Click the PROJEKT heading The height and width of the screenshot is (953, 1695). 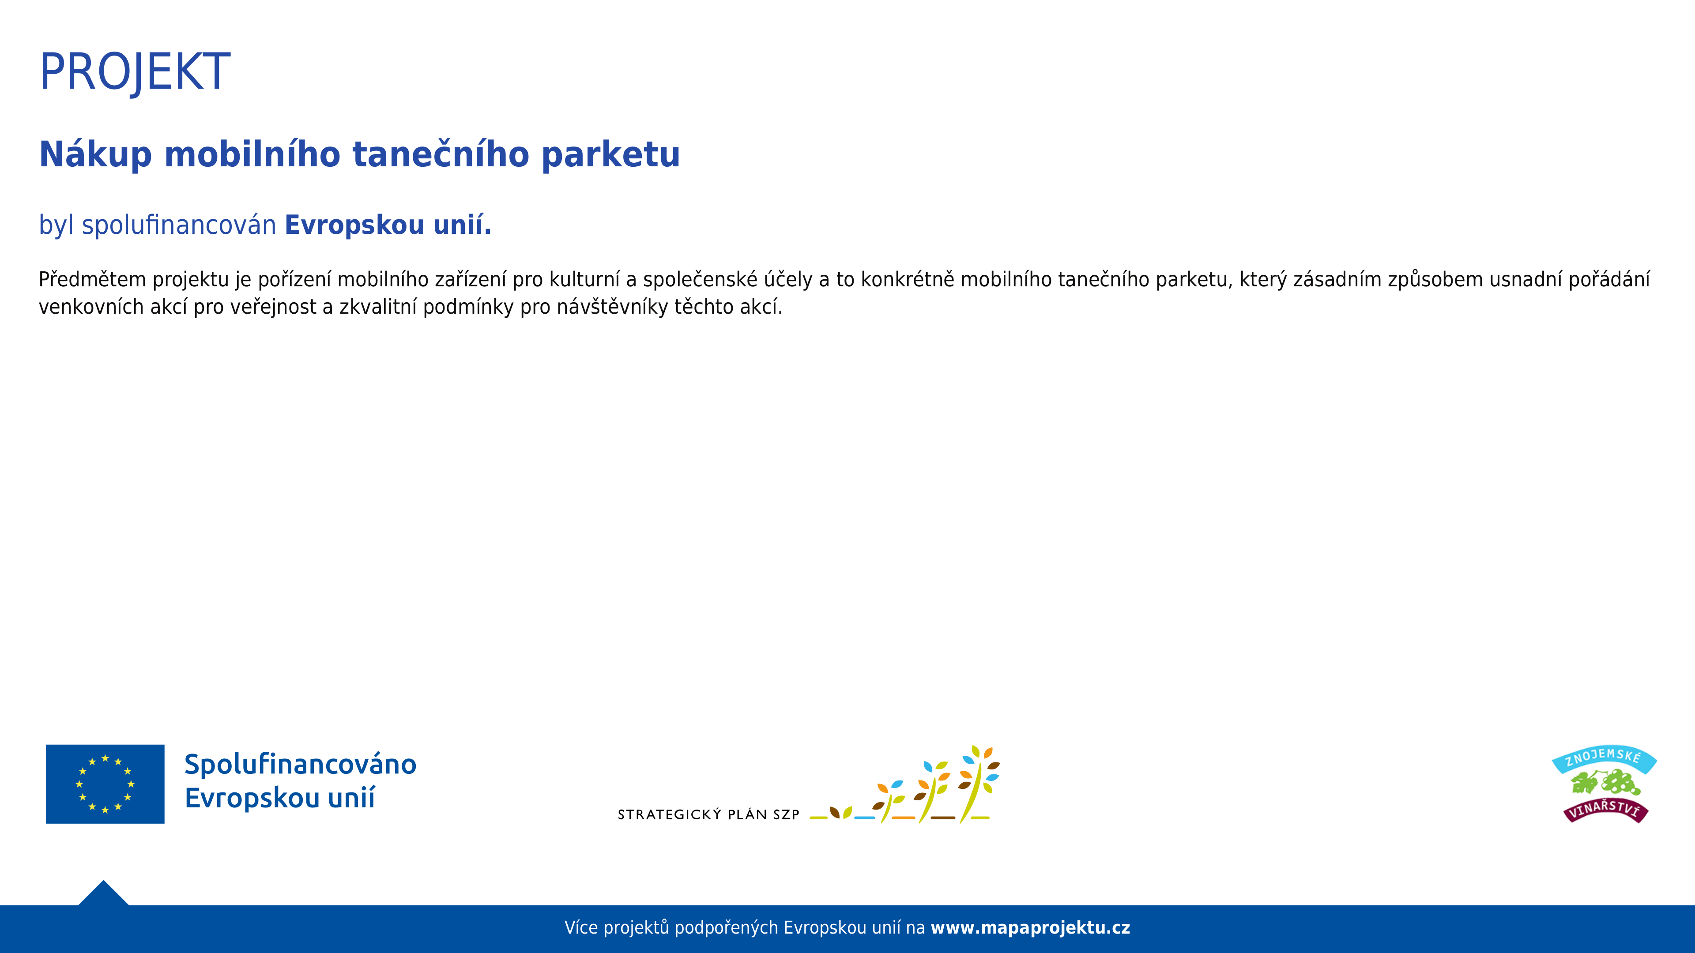click(135, 71)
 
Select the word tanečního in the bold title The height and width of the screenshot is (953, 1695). click(441, 154)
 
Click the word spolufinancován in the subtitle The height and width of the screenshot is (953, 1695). click(179, 225)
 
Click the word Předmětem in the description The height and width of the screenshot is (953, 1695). click(92, 280)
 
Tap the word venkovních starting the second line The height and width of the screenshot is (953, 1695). click(91, 307)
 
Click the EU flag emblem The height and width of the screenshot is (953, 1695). click(105, 784)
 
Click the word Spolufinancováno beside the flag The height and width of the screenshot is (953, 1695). click(300, 764)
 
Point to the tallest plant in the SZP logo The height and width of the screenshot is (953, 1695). click(979, 784)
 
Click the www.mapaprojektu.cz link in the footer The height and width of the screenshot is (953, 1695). click(1030, 928)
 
